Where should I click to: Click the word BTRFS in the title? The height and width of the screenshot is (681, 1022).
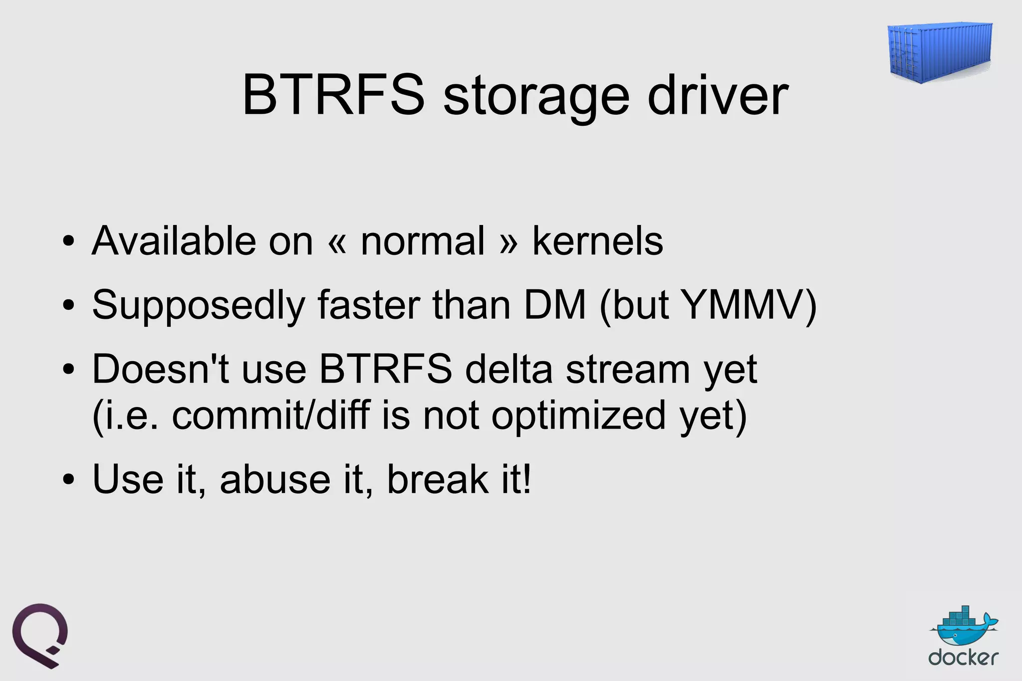(x=333, y=95)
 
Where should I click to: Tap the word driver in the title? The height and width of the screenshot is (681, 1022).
(x=718, y=95)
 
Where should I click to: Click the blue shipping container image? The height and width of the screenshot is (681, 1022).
(x=940, y=52)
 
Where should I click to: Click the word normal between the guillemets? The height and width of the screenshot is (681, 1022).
(x=423, y=241)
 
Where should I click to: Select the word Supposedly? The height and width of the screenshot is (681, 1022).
(x=198, y=305)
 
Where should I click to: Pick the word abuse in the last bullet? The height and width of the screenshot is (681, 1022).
(x=275, y=479)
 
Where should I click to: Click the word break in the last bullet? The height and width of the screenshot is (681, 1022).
(x=438, y=479)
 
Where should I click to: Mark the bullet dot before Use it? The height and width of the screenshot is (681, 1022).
(x=69, y=480)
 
